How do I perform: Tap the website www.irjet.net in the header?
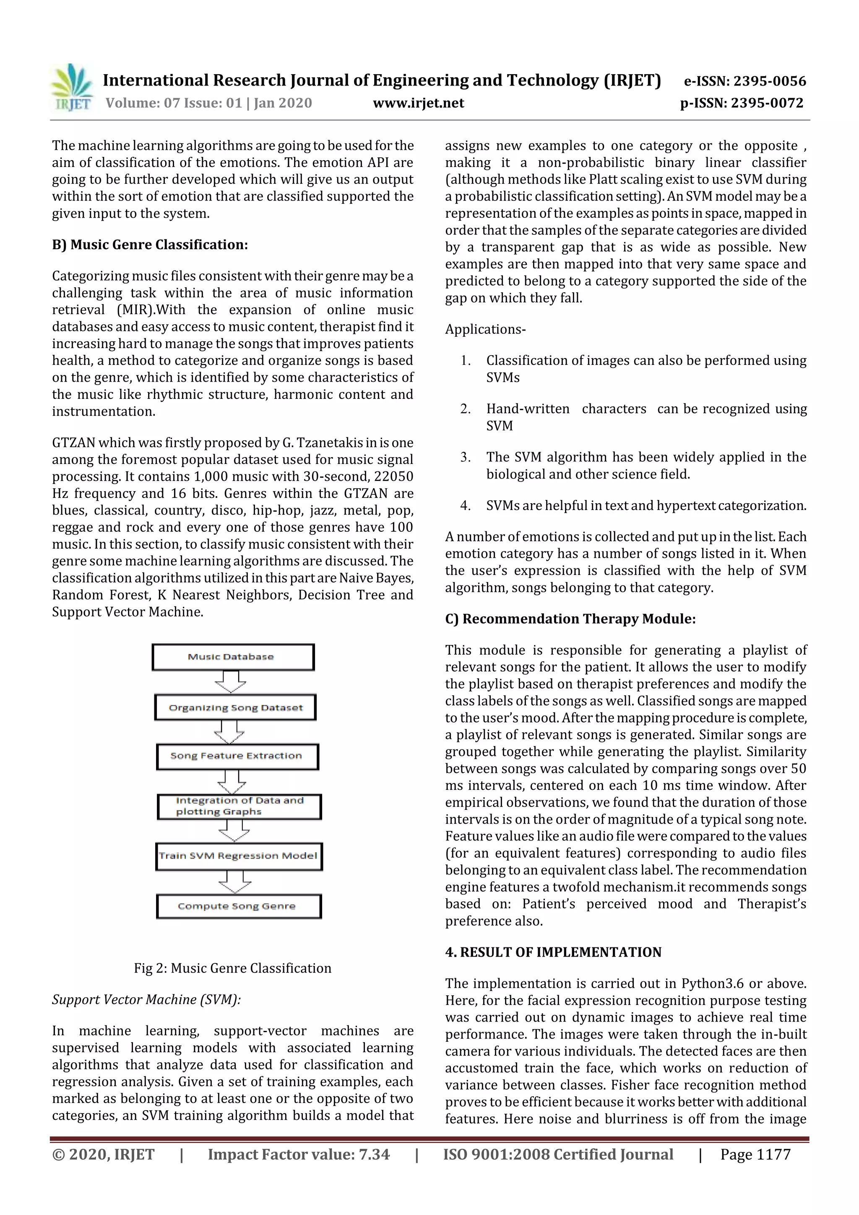click(x=418, y=103)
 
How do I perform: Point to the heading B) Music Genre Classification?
click(x=150, y=245)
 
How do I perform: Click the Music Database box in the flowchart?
click(x=233, y=657)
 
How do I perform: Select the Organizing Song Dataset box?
click(x=236, y=708)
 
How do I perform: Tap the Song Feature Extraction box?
click(x=237, y=756)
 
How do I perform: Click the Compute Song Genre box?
click(x=239, y=906)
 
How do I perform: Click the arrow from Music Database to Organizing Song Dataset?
click(x=230, y=682)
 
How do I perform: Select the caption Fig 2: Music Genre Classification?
click(x=232, y=968)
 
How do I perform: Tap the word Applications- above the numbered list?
click(x=485, y=329)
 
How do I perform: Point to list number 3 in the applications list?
click(x=465, y=457)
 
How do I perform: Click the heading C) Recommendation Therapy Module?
click(x=570, y=619)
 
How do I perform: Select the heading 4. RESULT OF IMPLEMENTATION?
click(x=553, y=952)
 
